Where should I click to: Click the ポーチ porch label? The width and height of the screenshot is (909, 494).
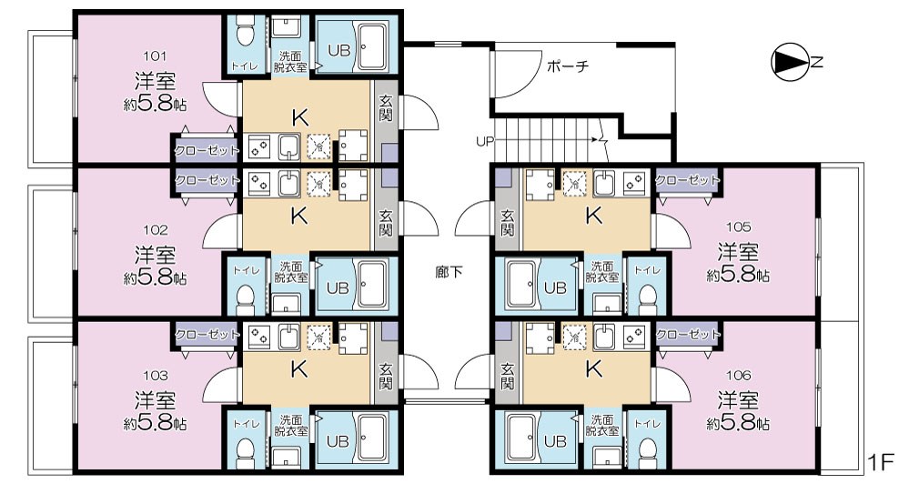(x=568, y=66)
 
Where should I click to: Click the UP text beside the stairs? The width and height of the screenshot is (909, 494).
(x=483, y=141)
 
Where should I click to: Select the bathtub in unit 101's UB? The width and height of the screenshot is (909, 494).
(x=372, y=45)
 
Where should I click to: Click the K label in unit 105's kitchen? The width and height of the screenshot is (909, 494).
(x=593, y=217)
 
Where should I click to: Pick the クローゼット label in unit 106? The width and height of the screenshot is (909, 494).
(x=688, y=333)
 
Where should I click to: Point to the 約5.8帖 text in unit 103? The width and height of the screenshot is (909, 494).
(x=156, y=424)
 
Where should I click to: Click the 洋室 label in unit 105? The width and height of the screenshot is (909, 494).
(x=738, y=252)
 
